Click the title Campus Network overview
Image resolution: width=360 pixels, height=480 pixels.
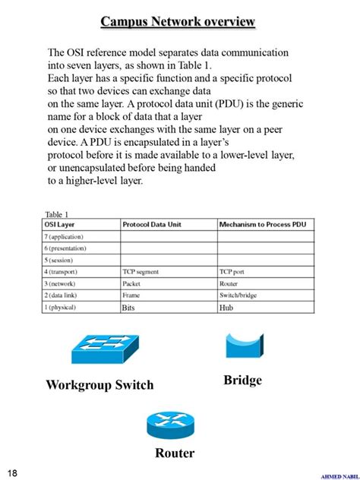pyautogui.click(x=178, y=22)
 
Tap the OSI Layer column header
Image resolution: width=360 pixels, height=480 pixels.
pyautogui.click(x=64, y=225)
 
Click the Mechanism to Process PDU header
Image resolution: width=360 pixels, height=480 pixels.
pyautogui.click(x=262, y=225)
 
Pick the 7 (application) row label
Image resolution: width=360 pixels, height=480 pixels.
pyautogui.click(x=67, y=237)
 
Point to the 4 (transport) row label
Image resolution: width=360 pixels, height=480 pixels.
pyautogui.click(x=65, y=271)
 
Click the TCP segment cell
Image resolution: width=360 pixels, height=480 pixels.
pyautogui.click(x=141, y=271)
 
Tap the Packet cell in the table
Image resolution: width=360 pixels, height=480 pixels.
pyautogui.click(x=131, y=283)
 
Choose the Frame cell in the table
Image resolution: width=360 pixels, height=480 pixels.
pyautogui.click(x=131, y=294)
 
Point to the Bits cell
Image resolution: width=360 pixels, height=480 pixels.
pyautogui.click(x=128, y=308)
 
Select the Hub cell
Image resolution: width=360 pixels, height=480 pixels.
pyautogui.click(x=226, y=308)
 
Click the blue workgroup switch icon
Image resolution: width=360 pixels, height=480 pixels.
pyautogui.click(x=106, y=349)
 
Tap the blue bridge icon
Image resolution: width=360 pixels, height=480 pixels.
pyautogui.click(x=244, y=346)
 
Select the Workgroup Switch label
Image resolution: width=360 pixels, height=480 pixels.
pyautogui.click(x=99, y=384)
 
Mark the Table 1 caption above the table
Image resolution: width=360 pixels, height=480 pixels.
pyautogui.click(x=57, y=215)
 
